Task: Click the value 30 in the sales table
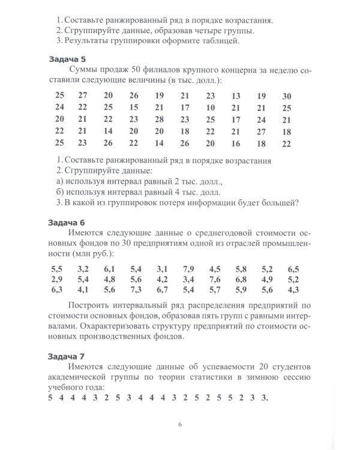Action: [286, 96]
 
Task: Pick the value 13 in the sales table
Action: [236, 96]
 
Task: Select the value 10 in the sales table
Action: [210, 108]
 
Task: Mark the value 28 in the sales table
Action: [159, 120]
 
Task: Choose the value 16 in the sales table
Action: [236, 144]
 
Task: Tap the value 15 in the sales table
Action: [133, 108]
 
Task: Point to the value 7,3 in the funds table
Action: [136, 291]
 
